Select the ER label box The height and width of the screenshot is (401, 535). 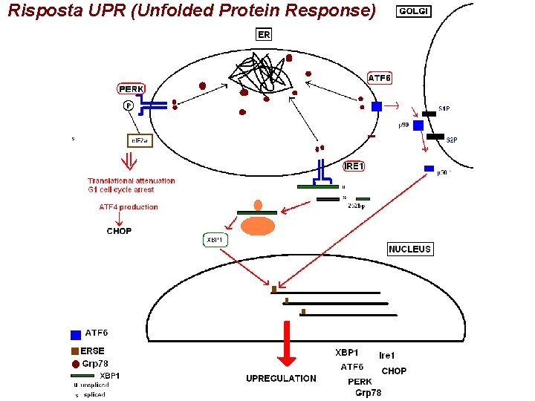[x=264, y=34]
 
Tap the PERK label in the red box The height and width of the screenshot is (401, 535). [x=131, y=89]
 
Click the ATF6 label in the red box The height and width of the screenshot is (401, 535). [x=380, y=78]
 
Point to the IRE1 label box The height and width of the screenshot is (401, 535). [x=354, y=166]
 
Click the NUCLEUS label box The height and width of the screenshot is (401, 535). [x=409, y=250]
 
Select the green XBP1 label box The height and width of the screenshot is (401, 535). [x=215, y=240]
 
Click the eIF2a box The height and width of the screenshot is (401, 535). [x=139, y=140]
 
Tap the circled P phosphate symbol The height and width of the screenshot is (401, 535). [x=129, y=106]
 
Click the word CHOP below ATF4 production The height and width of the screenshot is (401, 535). [x=119, y=231]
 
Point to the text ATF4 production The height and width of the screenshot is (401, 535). [x=129, y=207]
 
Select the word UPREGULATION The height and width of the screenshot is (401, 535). [x=281, y=379]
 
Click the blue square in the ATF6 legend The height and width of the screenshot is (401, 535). [x=75, y=335]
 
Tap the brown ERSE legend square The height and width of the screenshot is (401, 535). [x=75, y=351]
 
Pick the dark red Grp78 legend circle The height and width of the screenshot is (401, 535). [x=75, y=364]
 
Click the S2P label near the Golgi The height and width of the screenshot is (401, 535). [x=451, y=140]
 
